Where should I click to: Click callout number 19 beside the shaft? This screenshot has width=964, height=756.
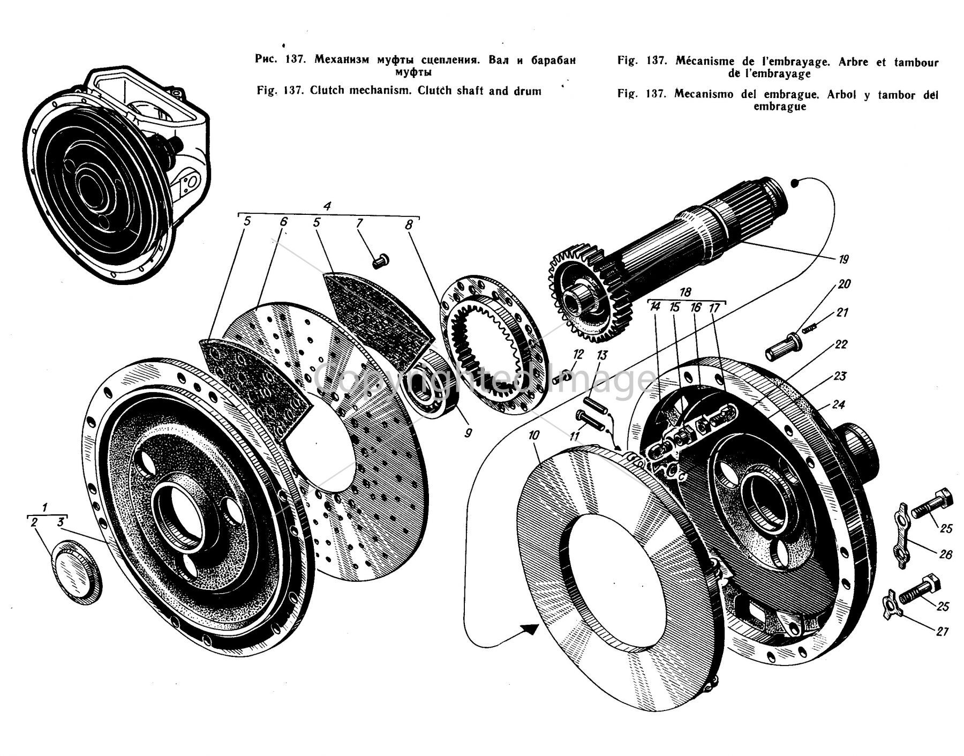point(845,260)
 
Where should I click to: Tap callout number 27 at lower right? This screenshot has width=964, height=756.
point(943,632)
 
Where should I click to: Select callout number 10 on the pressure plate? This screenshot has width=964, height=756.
point(534,436)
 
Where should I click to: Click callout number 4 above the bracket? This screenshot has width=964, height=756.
point(328,205)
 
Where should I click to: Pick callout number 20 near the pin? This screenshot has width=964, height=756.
point(845,284)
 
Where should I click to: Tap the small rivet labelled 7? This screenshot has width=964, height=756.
point(381,261)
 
